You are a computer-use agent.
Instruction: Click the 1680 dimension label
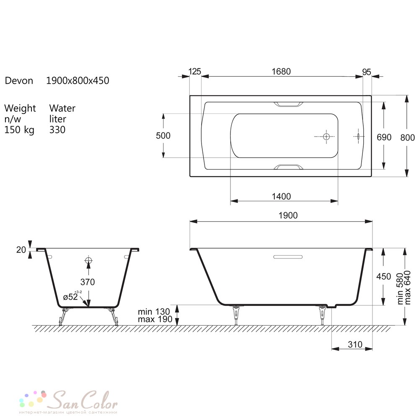click(281, 72)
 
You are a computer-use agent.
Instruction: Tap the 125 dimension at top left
click(194, 72)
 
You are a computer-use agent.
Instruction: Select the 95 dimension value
click(367, 72)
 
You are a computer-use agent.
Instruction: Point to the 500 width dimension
click(163, 136)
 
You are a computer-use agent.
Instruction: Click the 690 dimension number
click(384, 137)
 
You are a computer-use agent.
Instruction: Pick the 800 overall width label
click(408, 137)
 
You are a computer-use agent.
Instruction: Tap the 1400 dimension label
click(281, 197)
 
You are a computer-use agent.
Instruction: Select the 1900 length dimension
click(288, 215)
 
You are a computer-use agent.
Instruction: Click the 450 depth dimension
click(383, 276)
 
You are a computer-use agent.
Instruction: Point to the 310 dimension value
click(355, 344)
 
